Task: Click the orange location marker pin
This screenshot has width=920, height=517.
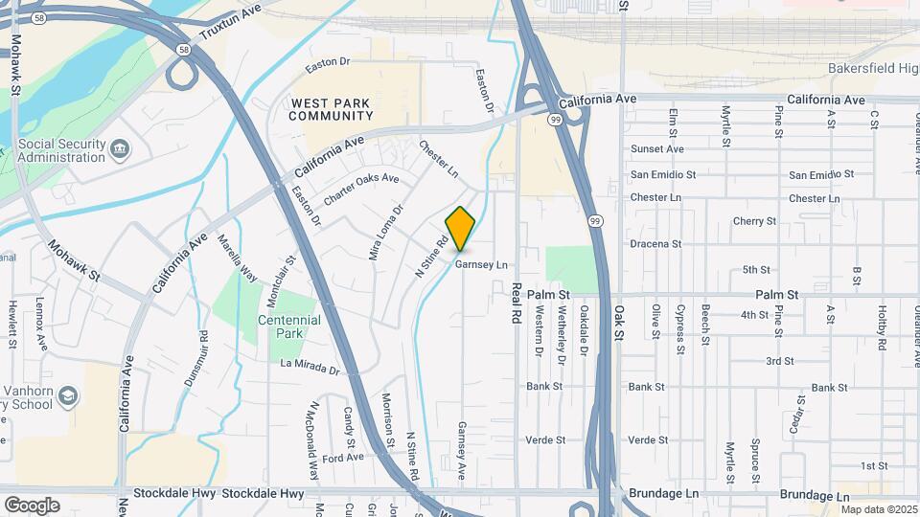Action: tap(461, 229)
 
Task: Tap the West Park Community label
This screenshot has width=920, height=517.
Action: tap(332, 109)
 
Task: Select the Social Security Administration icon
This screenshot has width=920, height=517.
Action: tap(120, 147)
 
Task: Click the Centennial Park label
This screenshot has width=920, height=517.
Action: tap(280, 326)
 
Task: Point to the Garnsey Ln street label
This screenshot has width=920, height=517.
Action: tap(481, 264)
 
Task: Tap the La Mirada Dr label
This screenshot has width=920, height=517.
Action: tap(310, 366)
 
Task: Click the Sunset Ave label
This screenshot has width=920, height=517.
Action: tap(656, 149)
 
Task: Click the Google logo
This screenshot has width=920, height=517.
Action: tap(32, 505)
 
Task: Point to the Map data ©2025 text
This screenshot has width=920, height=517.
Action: tap(879, 509)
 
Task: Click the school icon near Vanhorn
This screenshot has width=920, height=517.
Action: tap(68, 394)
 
